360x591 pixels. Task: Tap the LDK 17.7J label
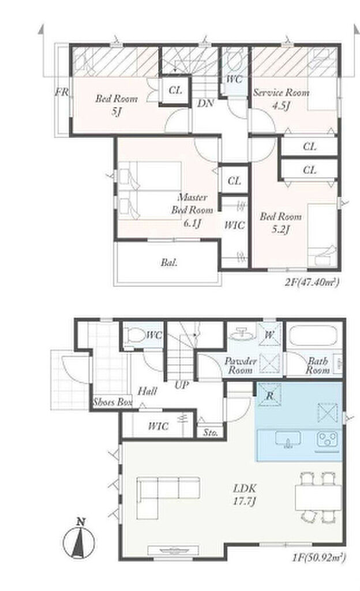coord(245,495)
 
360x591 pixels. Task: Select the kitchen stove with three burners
coord(327,439)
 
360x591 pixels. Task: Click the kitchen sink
coord(288,439)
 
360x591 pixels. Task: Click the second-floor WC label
coord(234,79)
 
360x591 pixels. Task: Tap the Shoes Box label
coord(112,402)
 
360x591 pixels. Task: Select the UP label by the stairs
coord(182,385)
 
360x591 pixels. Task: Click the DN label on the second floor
coord(205,103)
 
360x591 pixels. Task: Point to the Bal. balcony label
coord(169,263)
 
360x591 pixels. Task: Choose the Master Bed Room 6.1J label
coord(193,210)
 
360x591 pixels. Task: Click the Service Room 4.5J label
coord(282,99)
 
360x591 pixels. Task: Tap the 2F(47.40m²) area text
coord(312,282)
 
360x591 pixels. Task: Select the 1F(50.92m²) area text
coord(318,558)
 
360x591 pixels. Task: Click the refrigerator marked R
coord(269,395)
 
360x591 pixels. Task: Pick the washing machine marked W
coord(269,334)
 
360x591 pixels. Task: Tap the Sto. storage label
coord(211,432)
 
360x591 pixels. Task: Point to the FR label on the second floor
coord(62,92)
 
